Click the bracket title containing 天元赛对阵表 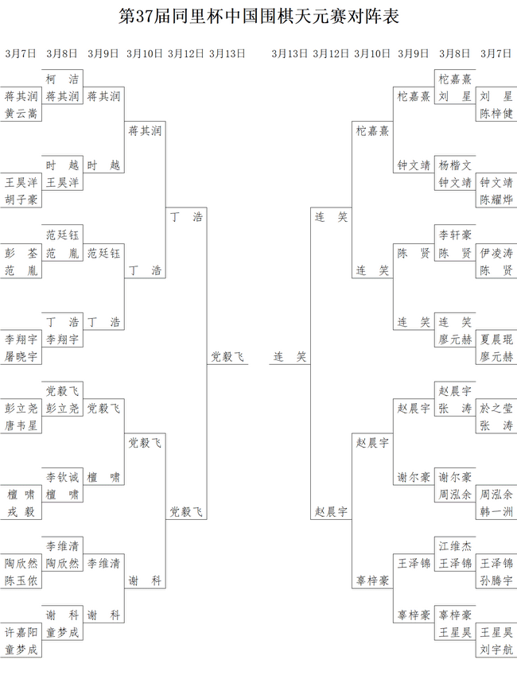[258, 17]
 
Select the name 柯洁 [63, 80]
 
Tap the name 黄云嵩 [21, 114]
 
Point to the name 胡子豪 [21, 200]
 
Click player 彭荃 [21, 253]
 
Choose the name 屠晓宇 [21, 356]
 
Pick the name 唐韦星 [21, 425]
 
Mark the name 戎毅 [21, 512]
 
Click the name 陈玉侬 [21, 580]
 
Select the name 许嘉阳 [21, 632]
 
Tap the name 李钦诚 [63, 477]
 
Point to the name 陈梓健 [496, 114]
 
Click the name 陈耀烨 [496, 200]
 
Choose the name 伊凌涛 [496, 253]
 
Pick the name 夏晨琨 [496, 339]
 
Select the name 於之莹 [496, 408]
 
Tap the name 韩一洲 [496, 512]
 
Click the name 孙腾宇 [496, 580]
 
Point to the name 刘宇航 [496, 650]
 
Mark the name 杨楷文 [455, 165]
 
